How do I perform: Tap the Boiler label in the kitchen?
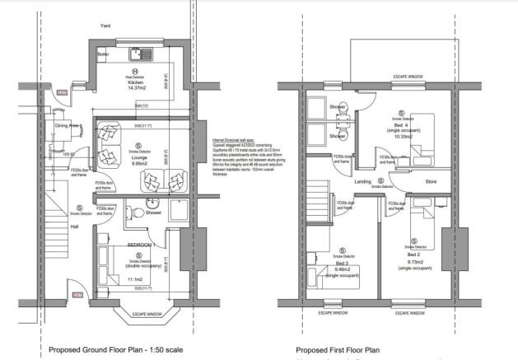coord(103,55)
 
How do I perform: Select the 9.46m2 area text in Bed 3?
coord(339,268)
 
